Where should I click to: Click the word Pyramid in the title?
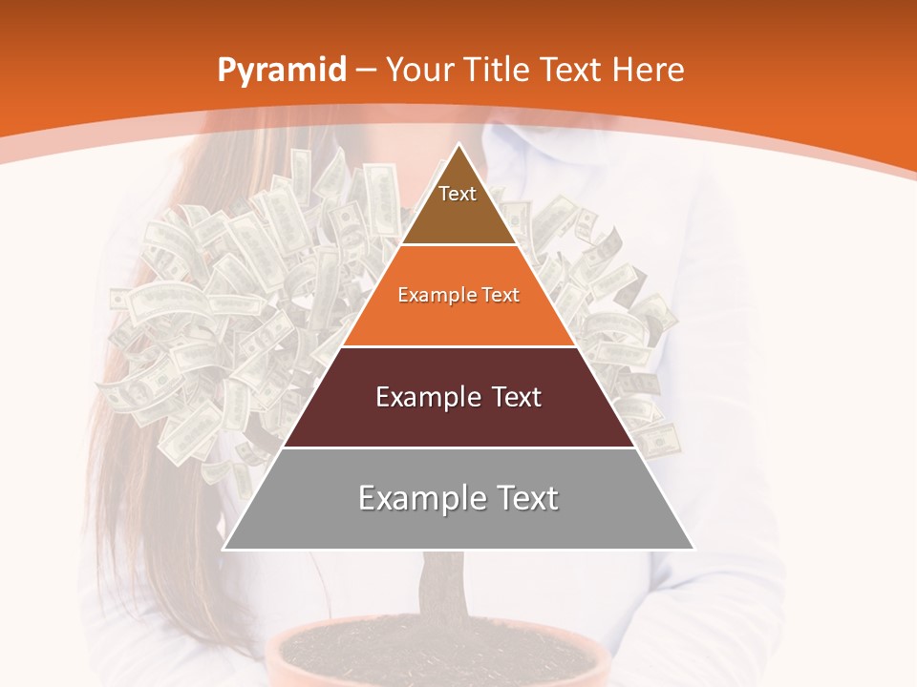pyautogui.click(x=281, y=71)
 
